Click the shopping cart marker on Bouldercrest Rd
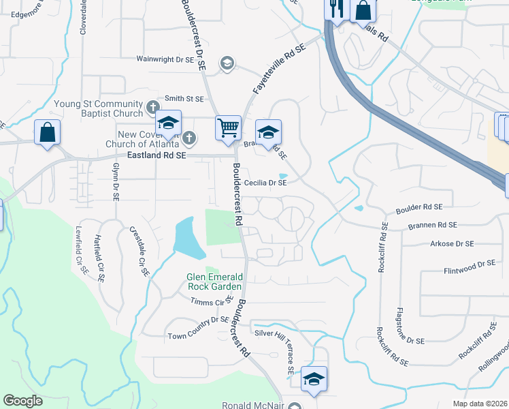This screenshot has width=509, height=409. pyautogui.click(x=228, y=127)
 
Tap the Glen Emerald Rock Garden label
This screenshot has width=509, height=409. pyautogui.click(x=215, y=282)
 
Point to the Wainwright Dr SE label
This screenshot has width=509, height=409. pyautogui.click(x=166, y=60)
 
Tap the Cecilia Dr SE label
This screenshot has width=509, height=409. pyautogui.click(x=265, y=183)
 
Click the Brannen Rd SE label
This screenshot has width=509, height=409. pyautogui.click(x=433, y=224)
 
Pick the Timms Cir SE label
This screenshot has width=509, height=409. pyautogui.click(x=212, y=301)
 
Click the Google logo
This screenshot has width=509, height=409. pyautogui.click(x=22, y=401)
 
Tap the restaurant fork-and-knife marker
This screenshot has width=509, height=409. pyautogui.click(x=335, y=10)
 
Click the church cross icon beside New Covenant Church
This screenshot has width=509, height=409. pyautogui.click(x=189, y=138)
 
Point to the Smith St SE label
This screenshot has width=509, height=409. pyautogui.click(x=180, y=98)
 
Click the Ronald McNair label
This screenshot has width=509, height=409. pyautogui.click(x=252, y=405)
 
